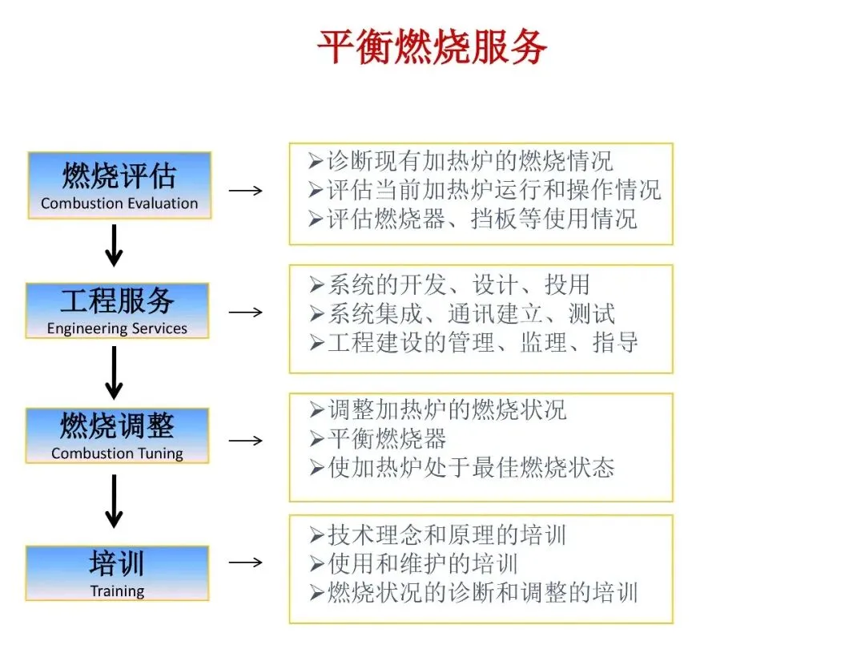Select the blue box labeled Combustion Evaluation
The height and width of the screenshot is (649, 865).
pos(119,185)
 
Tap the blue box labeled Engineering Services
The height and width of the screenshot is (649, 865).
pos(117,310)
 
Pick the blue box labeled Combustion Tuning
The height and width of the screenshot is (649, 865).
pos(117,435)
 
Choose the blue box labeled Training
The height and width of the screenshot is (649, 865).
pos(117,573)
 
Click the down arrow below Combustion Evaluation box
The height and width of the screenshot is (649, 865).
pos(115,245)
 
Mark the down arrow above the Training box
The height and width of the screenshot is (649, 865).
pos(115,502)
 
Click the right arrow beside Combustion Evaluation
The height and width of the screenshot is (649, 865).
pos(245,191)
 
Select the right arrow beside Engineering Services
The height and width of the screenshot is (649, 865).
pos(245,312)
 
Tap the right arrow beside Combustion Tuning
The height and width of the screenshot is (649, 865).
pos(245,441)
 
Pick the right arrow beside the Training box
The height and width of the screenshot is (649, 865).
pos(245,562)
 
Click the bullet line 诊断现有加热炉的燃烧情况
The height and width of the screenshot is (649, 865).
pos(461,161)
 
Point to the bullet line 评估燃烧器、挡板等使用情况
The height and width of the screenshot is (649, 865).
pos(473,219)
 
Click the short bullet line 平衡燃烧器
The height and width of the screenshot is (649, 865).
pos(378,439)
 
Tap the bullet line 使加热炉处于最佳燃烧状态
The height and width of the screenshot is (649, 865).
pos(462,468)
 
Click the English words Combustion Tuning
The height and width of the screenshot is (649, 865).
pos(117,453)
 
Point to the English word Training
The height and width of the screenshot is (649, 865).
pos(117,592)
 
